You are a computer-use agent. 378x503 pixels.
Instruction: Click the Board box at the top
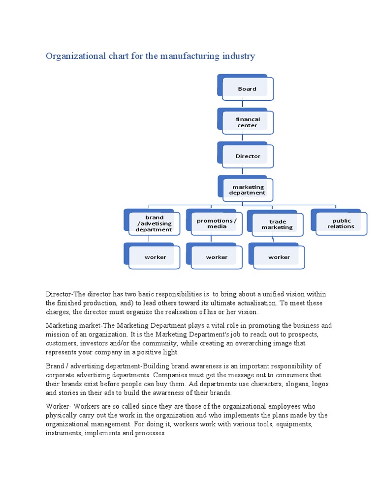click(247, 89)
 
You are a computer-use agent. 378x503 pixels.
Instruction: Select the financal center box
click(247, 122)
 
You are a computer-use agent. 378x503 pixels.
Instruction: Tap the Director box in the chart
click(248, 156)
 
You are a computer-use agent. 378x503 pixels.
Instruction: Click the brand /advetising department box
click(154, 224)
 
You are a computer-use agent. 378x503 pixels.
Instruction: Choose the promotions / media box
click(217, 224)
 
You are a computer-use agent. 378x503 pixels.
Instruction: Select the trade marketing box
click(277, 224)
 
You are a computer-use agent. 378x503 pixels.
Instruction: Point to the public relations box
click(341, 224)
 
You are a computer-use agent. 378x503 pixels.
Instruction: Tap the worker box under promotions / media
click(217, 257)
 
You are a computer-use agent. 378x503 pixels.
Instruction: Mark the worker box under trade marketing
click(279, 257)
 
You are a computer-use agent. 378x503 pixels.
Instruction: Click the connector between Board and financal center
click(242, 105)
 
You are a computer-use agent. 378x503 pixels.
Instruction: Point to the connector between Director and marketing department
click(242, 172)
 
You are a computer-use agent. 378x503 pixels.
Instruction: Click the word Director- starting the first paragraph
click(59, 294)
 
